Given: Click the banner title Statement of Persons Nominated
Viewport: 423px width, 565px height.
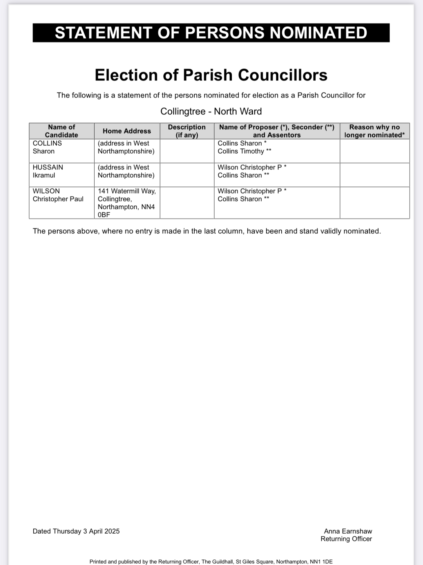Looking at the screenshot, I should (211, 33).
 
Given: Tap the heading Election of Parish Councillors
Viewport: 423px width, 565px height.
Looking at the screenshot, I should (211, 75).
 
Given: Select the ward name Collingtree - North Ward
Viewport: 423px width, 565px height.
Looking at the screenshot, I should (211, 111).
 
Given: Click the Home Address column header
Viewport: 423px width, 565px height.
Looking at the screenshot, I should (127, 131).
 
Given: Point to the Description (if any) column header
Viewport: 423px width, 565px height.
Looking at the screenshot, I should (187, 131).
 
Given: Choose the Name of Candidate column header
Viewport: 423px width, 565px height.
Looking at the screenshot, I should (62, 131).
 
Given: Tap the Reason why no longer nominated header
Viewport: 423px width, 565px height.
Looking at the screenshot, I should (375, 131).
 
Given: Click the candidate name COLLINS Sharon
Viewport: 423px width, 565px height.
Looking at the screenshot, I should (47, 147).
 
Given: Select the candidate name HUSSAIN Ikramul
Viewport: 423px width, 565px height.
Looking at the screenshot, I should (48, 171).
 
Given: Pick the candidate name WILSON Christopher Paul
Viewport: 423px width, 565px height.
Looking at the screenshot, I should (58, 195).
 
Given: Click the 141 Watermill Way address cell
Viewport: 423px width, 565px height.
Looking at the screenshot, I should (127, 203).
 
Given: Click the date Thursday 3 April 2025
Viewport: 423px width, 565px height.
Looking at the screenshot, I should (86, 531).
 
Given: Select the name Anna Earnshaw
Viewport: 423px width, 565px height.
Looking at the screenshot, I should (348, 531).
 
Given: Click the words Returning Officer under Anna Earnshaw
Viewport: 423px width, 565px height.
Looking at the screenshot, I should (346, 539).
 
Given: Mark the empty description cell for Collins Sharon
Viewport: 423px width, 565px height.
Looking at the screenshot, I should (187, 151).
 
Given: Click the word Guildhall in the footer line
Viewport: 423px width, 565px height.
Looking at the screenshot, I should (224, 562).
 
